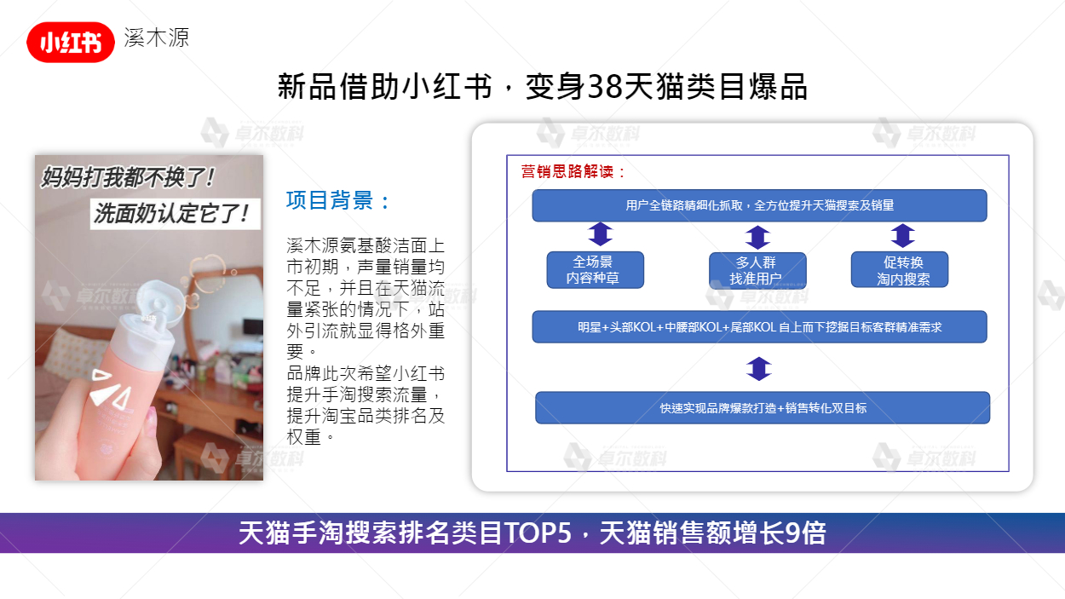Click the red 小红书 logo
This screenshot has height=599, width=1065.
point(71,43)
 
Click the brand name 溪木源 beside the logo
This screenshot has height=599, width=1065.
point(157,37)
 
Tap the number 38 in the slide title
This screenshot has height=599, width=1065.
point(604,87)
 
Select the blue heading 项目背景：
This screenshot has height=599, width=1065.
point(338,200)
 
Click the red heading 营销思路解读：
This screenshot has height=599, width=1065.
point(573,171)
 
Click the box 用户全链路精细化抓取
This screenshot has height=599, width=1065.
point(759,205)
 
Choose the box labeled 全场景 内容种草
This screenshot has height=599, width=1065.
point(596,269)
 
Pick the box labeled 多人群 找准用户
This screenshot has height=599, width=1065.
point(757,270)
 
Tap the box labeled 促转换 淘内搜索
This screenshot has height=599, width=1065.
point(900,269)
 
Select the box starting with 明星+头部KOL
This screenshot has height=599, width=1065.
point(759,326)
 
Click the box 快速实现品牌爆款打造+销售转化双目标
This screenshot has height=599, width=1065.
point(763,407)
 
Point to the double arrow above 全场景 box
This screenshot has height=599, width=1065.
point(600,234)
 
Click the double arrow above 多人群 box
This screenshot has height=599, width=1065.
point(758,237)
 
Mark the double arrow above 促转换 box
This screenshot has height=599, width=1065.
point(902,235)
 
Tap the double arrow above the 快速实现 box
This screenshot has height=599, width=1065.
point(759,369)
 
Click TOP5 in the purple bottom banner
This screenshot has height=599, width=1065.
point(538,533)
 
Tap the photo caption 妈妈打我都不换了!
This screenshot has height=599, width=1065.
point(128,178)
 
